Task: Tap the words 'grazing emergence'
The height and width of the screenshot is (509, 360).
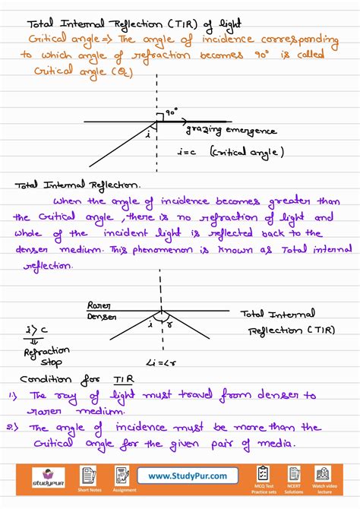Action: (x=229, y=131)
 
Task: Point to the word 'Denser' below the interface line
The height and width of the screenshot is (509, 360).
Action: (x=102, y=315)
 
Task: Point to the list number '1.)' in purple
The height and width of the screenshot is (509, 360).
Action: (x=14, y=395)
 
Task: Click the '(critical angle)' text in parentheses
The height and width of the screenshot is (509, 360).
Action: (x=248, y=152)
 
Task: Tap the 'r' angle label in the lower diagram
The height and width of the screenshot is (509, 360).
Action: (x=169, y=323)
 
